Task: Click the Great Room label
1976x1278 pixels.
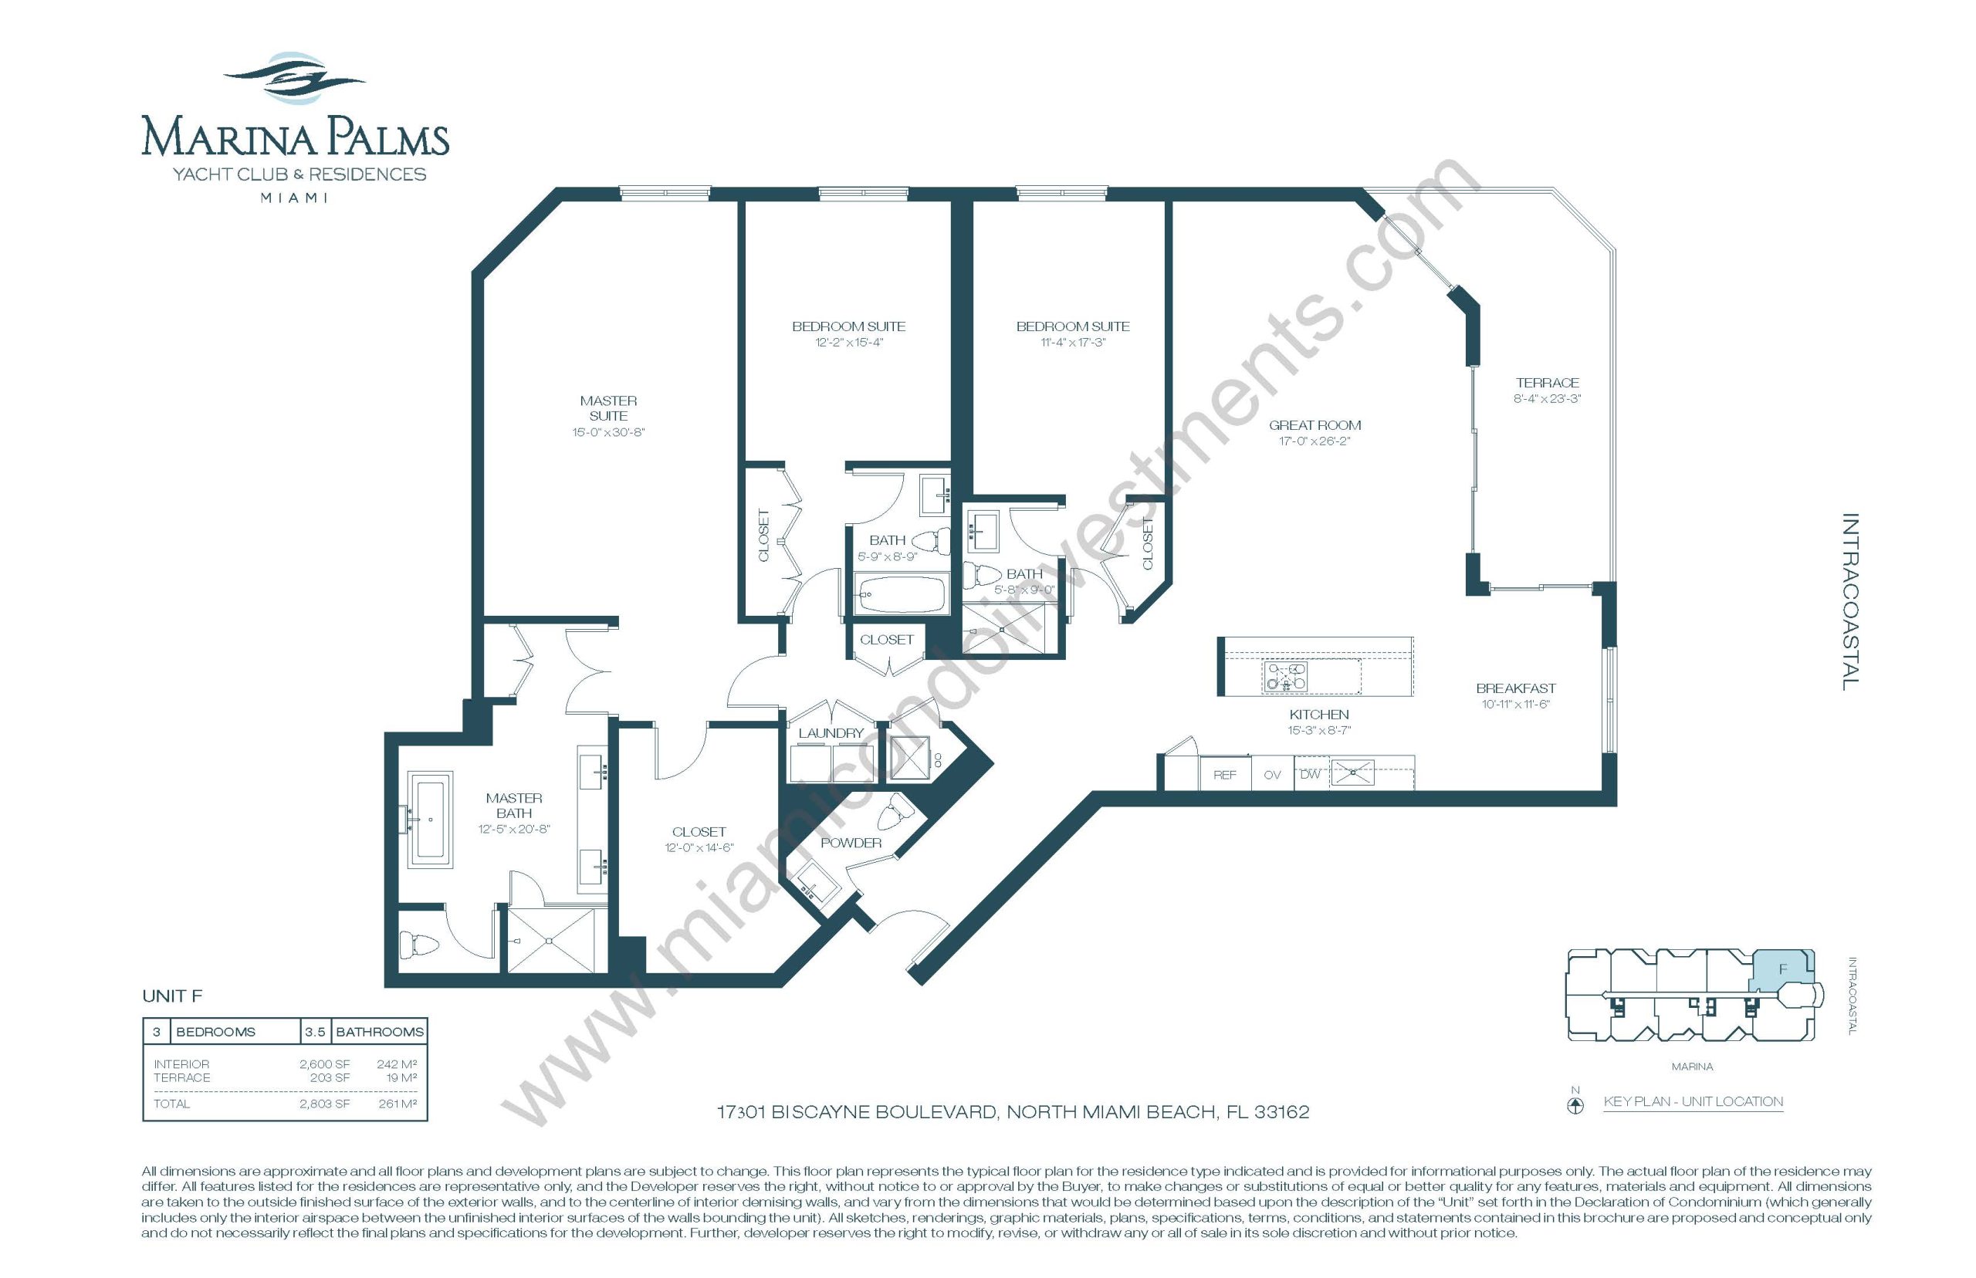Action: coord(1315,425)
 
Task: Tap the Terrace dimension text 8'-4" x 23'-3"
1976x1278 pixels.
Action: coord(1547,398)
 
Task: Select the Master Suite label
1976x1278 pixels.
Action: coord(608,407)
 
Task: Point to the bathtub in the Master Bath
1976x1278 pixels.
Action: coord(431,819)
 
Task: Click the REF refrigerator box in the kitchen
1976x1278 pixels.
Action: coord(1225,774)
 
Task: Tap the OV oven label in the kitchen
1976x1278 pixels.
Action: coord(1272,775)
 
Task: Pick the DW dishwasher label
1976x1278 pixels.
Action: coord(1310,774)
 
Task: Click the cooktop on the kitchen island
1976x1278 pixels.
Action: coord(1284,676)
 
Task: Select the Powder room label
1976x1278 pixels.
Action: coord(851,842)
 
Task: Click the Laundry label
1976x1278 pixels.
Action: coord(831,733)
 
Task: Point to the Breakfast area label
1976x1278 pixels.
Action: coord(1515,688)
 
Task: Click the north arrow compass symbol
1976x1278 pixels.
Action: coord(1575,1105)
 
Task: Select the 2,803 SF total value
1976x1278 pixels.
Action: coord(324,1104)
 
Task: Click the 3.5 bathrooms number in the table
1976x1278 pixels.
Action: coord(314,1032)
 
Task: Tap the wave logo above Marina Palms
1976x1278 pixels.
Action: coord(295,78)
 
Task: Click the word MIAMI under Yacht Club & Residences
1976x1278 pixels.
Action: coord(294,198)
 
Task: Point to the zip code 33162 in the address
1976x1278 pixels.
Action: coord(1281,1112)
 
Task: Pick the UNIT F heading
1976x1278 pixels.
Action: coord(172,996)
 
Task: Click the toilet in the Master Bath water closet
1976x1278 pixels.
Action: coord(419,945)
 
